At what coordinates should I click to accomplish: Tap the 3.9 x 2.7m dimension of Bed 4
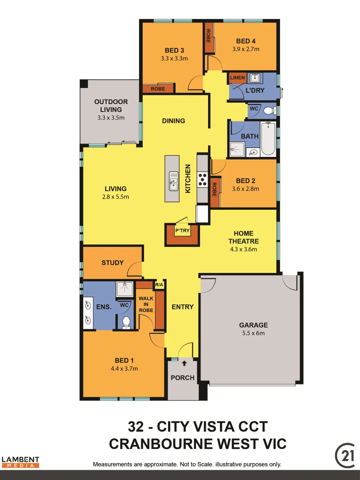tap(246, 49)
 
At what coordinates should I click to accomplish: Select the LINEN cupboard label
tap(237, 78)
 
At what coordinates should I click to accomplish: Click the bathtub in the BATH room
tap(268, 139)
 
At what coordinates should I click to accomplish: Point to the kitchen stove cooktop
tap(203, 178)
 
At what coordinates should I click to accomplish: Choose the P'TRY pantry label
tap(182, 231)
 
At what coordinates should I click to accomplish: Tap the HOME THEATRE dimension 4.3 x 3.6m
tap(244, 249)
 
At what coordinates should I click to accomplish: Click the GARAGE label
tap(253, 325)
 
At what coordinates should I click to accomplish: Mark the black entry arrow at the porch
tap(184, 364)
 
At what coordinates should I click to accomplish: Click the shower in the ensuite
tap(125, 288)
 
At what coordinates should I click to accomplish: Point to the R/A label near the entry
tap(159, 285)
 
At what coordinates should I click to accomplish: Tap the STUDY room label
tap(112, 263)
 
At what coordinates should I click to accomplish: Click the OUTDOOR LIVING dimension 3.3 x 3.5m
tap(111, 118)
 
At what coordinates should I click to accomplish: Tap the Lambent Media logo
tap(20, 462)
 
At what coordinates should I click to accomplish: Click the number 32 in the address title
tap(135, 427)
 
